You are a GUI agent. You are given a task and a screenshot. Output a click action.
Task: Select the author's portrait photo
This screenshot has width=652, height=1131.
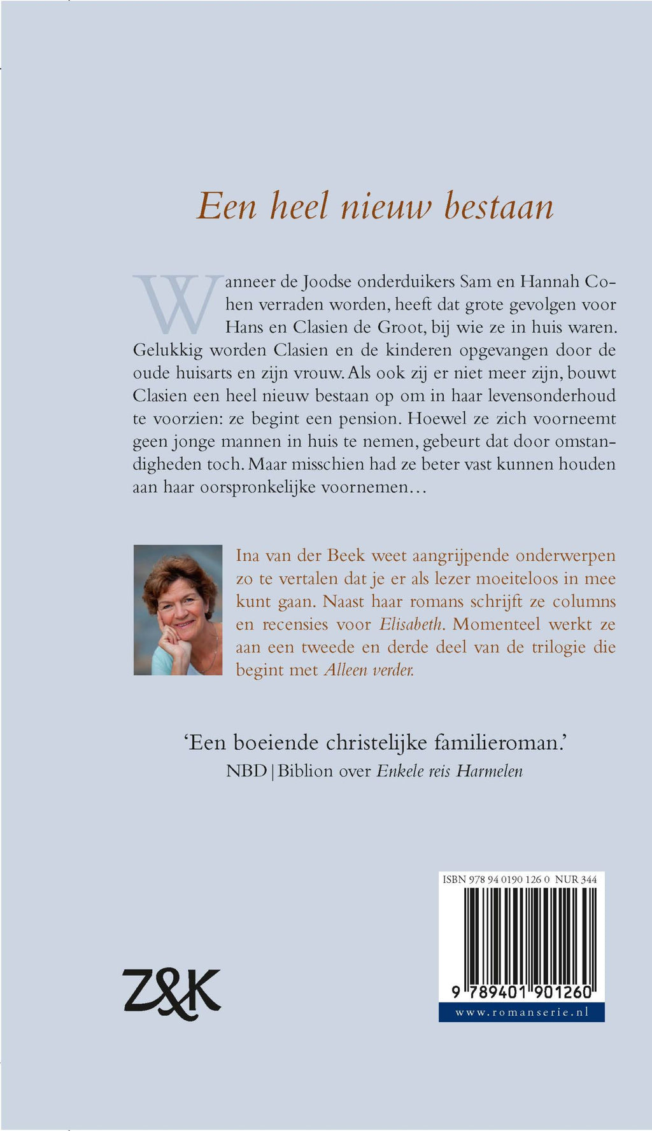click(178, 610)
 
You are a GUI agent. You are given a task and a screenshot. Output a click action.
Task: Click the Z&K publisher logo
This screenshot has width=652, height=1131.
click(171, 994)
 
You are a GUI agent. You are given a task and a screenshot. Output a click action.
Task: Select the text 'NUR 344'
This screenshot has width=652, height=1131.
click(576, 880)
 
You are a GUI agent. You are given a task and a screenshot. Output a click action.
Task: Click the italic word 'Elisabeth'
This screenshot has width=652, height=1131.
click(411, 624)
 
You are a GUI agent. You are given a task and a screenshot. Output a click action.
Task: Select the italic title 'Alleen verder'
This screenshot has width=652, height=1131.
click(369, 670)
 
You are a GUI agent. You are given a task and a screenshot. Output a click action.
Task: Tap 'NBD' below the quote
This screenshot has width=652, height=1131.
click(246, 771)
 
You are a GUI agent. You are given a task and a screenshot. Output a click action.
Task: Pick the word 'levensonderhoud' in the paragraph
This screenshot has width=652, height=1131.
click(551, 396)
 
